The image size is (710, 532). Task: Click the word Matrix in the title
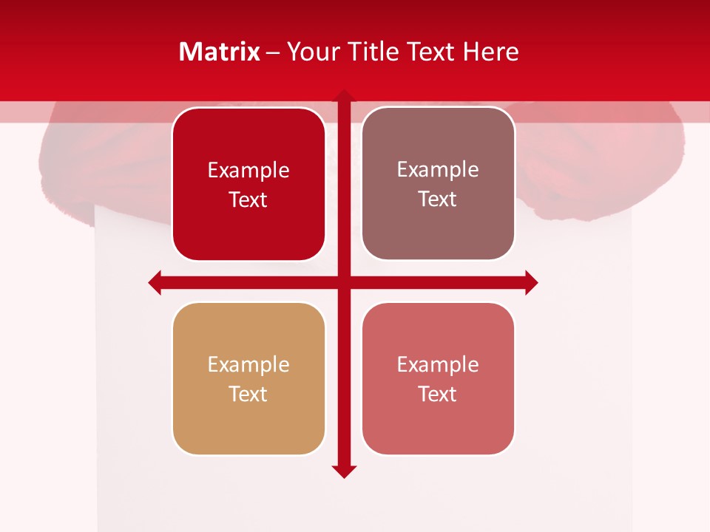click(220, 52)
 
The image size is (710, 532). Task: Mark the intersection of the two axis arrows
click(344, 283)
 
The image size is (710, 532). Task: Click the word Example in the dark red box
click(248, 171)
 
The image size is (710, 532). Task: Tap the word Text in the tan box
click(248, 394)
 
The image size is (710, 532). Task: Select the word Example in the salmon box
click(438, 364)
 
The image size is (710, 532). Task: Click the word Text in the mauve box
click(438, 199)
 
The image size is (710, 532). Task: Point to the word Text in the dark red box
click(248, 200)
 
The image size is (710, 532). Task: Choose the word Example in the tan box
click(248, 364)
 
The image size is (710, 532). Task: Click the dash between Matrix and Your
click(273, 52)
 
